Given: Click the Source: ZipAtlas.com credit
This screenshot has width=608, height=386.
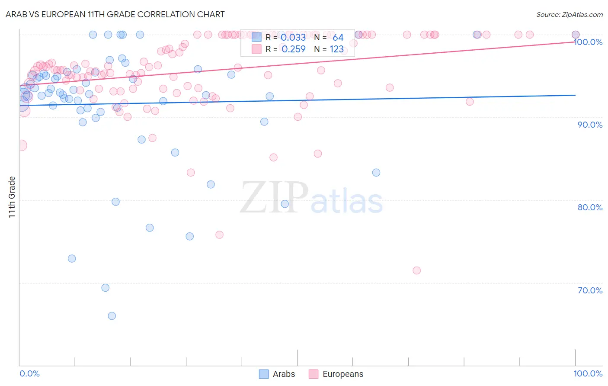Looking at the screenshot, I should [x=569, y=15].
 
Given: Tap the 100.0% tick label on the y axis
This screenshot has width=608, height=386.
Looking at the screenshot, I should [x=588, y=42].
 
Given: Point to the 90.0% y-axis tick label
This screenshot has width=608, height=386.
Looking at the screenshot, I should [x=590, y=125].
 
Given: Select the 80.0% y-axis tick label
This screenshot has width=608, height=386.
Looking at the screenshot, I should [x=590, y=207].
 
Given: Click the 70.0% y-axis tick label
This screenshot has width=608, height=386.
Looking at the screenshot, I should [x=590, y=290].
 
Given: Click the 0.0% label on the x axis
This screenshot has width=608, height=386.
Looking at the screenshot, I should [x=29, y=373].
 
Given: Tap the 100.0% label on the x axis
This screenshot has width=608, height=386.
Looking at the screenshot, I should [x=588, y=373].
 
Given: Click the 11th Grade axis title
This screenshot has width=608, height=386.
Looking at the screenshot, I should [x=12, y=197].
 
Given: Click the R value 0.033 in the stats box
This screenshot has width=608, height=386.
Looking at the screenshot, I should [x=293, y=38].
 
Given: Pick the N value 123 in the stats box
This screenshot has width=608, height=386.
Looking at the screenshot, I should [x=336, y=49].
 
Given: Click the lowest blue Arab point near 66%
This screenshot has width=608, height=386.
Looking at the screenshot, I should [x=112, y=316].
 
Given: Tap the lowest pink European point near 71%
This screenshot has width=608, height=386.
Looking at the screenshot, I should [x=416, y=270].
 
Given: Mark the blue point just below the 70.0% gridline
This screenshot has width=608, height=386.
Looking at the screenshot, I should [x=105, y=288].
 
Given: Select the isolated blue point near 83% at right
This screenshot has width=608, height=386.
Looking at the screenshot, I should [x=376, y=173].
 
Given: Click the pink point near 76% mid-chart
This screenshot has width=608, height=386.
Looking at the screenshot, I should [x=219, y=235].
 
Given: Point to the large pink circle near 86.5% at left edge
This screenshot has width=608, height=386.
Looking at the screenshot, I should [x=21, y=145].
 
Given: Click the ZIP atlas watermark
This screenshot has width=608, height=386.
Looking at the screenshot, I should [x=311, y=197].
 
